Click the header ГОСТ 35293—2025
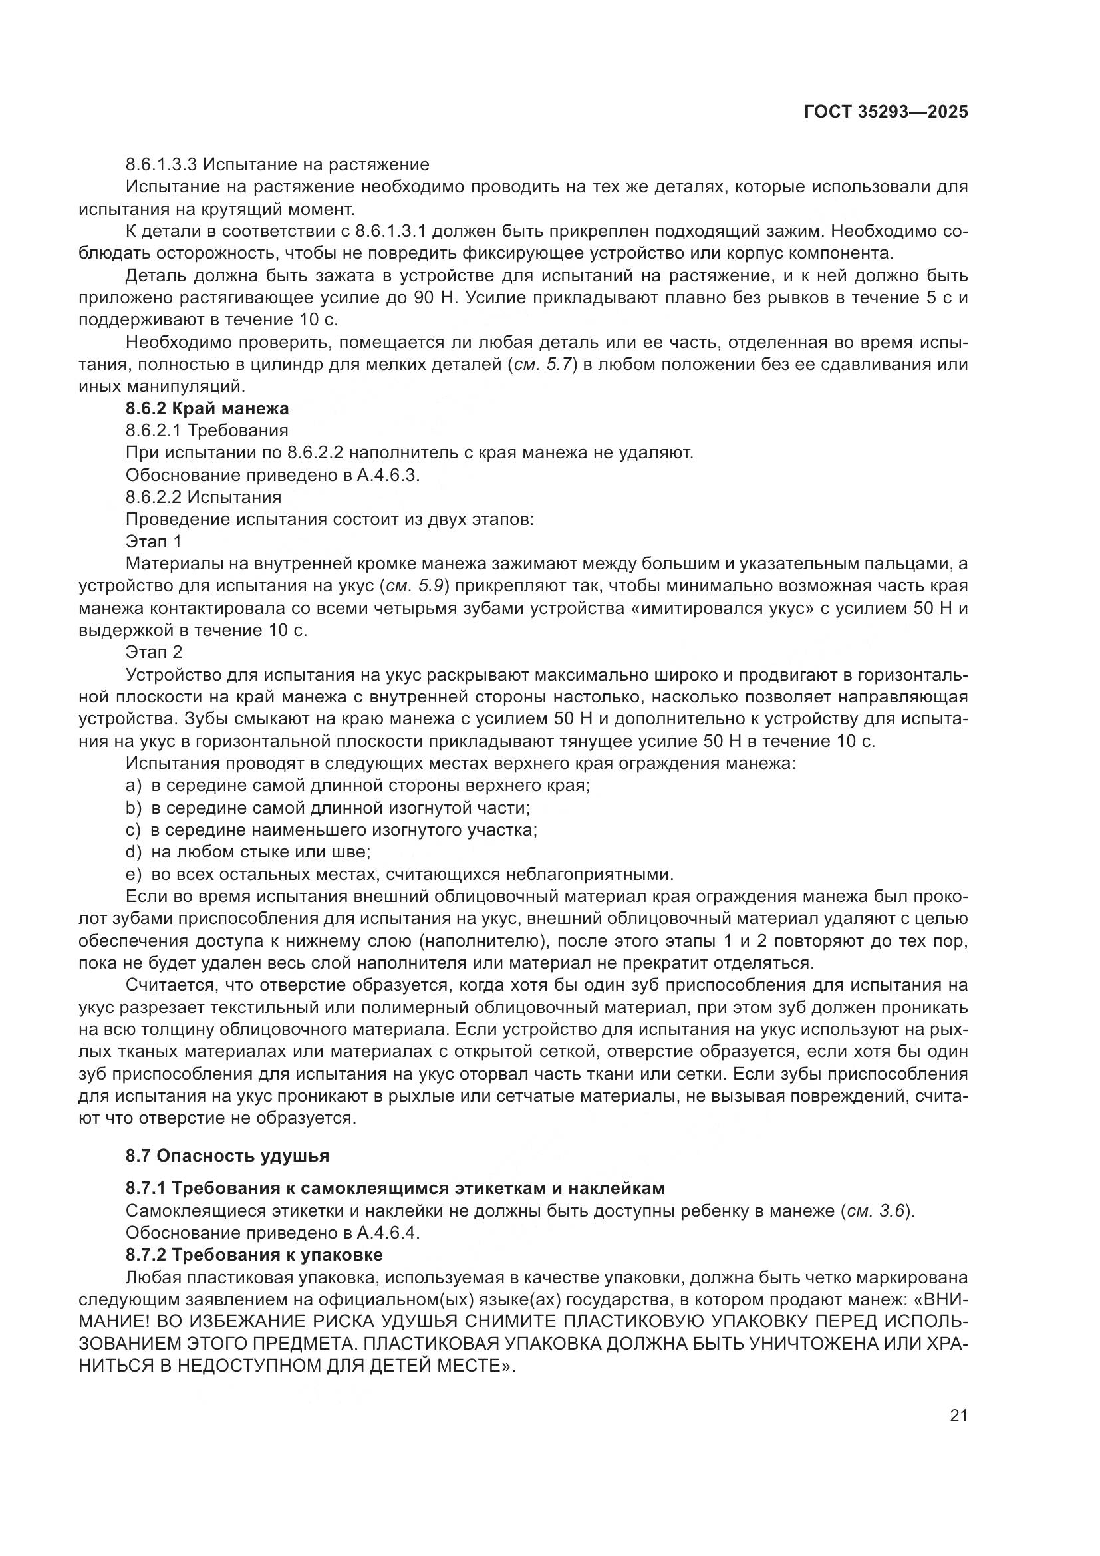click(885, 112)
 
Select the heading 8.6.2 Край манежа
click(207, 408)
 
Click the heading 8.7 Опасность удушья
click(227, 1155)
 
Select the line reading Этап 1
click(154, 542)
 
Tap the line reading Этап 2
click(154, 652)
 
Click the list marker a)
click(134, 786)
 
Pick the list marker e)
click(134, 874)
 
